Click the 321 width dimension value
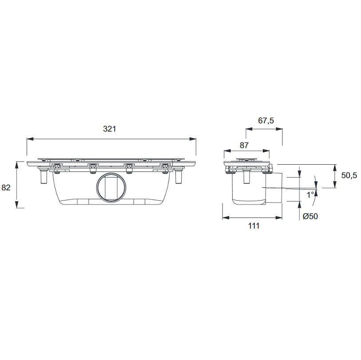coord(109,129)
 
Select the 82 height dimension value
coord(6,188)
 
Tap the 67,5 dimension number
coord(266,121)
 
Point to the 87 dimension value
coord(244,145)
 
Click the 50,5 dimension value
coord(349,175)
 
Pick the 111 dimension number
coord(254,226)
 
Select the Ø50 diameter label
coord(310,216)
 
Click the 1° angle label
coord(310,195)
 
